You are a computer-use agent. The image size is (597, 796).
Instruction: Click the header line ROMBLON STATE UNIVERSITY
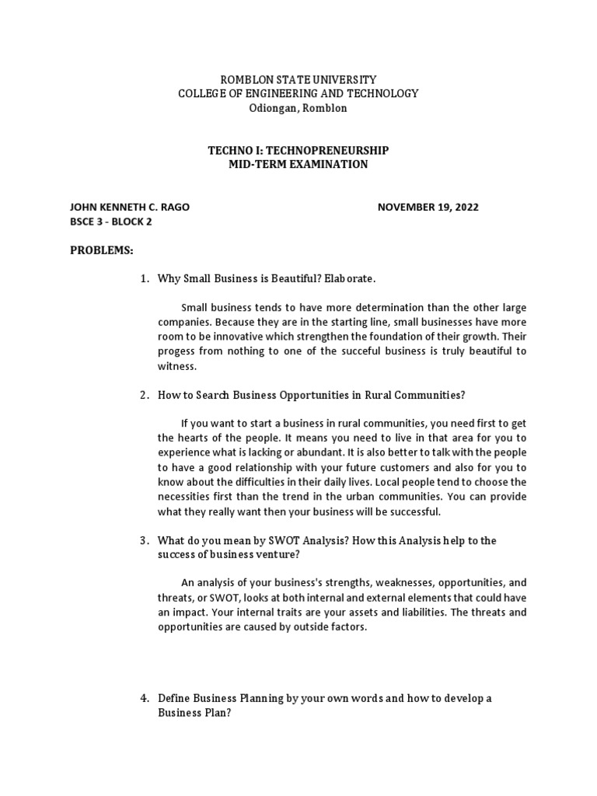point(298,79)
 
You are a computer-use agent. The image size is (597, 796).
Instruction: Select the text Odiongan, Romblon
point(298,108)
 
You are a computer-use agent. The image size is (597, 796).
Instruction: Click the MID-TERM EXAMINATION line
point(298,165)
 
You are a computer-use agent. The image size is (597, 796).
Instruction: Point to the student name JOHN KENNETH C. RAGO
point(130,208)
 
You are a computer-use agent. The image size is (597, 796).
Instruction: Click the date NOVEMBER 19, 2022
point(428,208)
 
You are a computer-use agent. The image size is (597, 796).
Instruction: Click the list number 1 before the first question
point(144,278)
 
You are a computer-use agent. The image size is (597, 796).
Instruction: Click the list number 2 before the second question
point(144,395)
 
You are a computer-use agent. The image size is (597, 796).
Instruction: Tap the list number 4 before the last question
point(144,698)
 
